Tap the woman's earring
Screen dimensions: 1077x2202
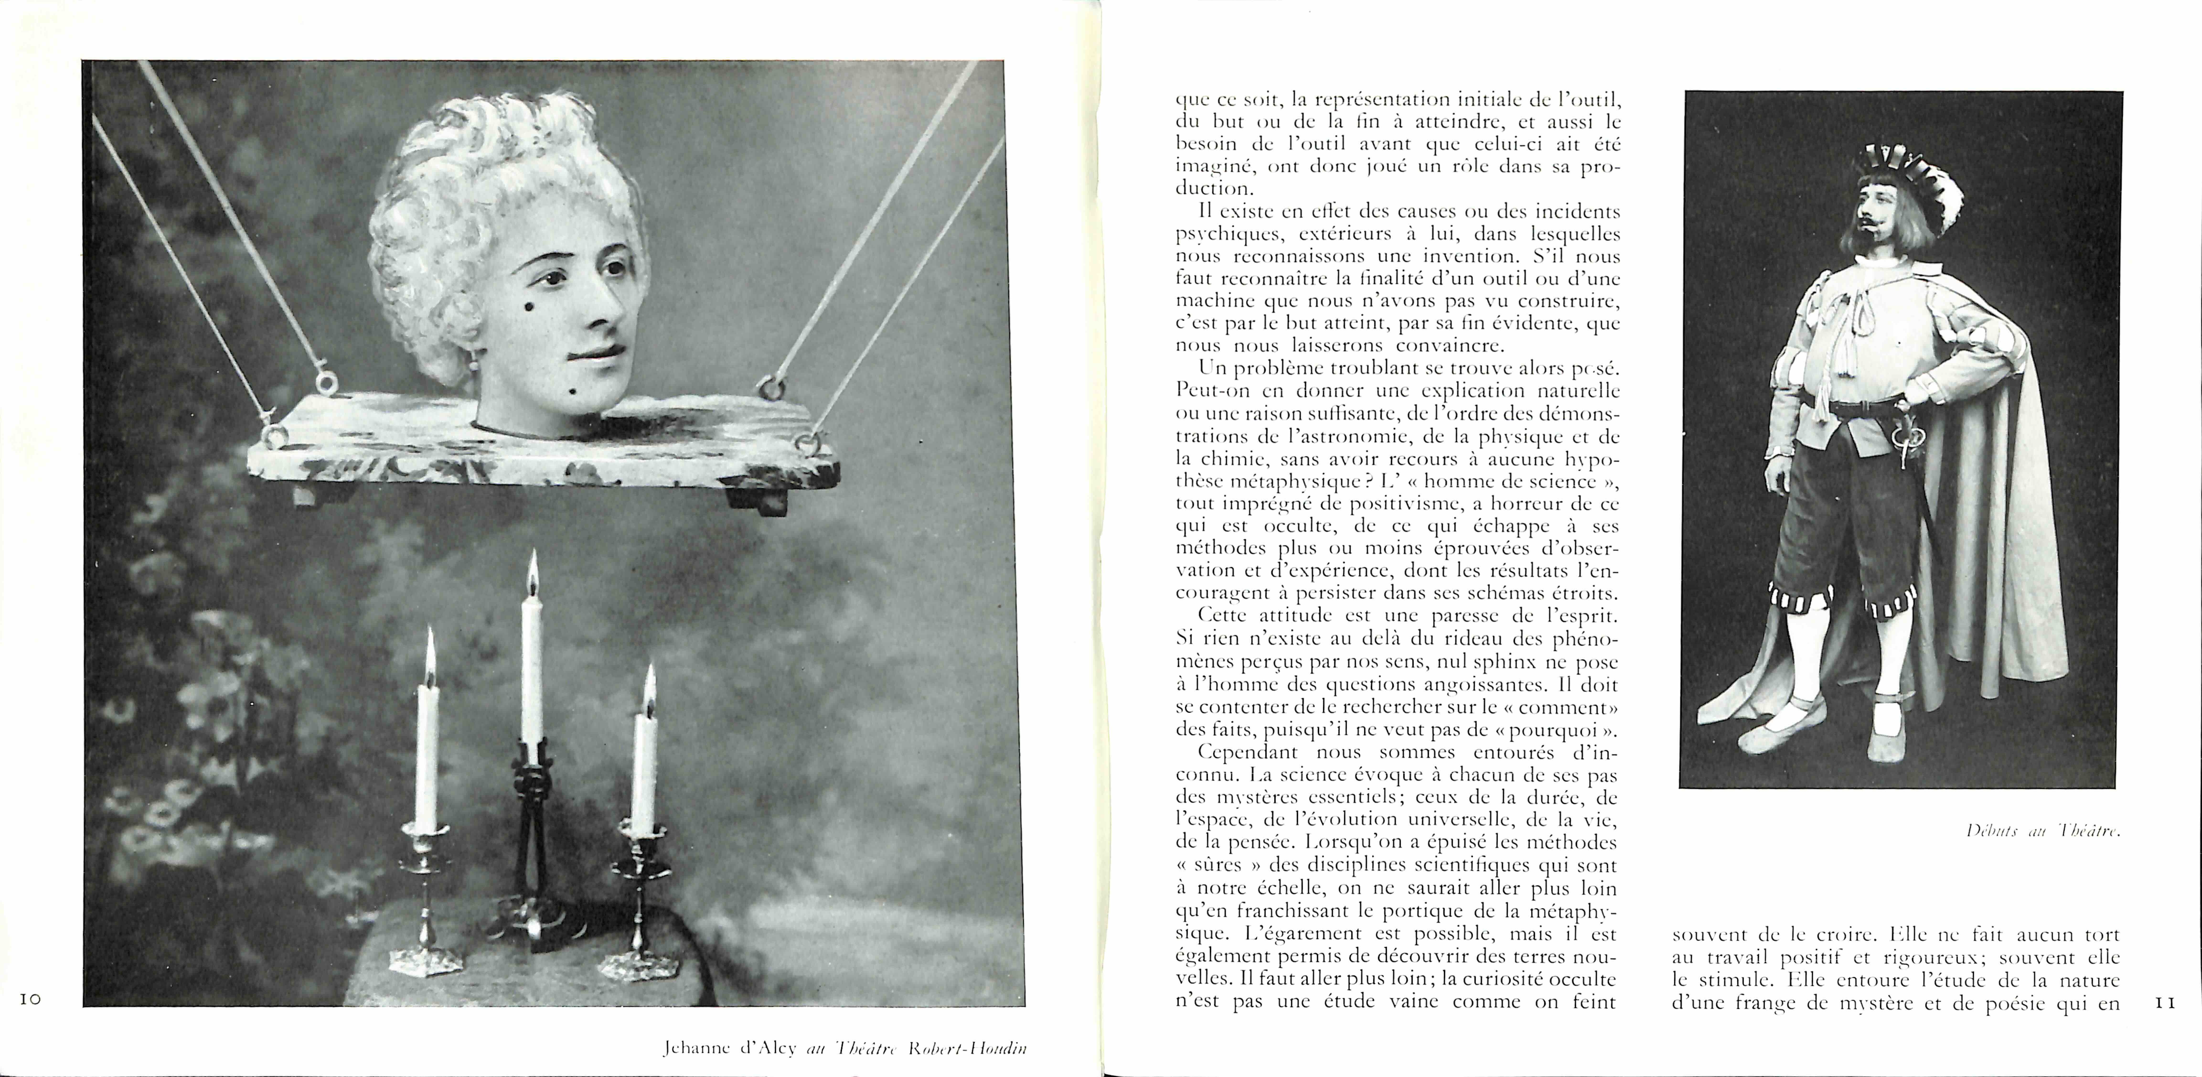click(x=473, y=363)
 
